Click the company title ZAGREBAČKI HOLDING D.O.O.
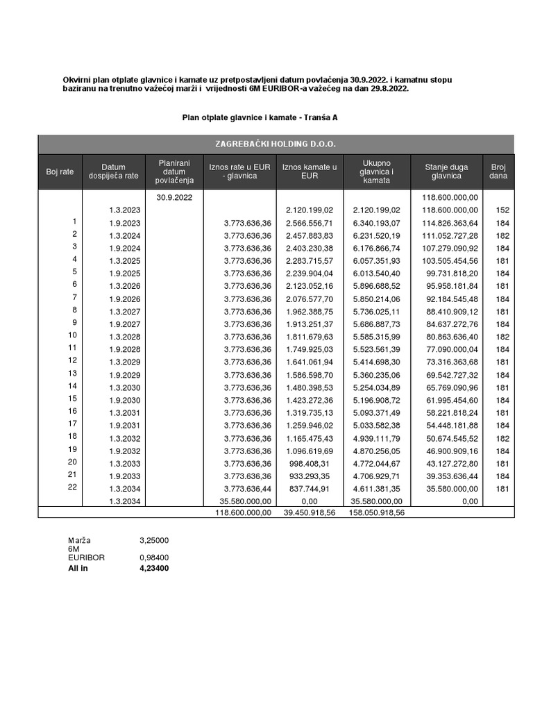pos(276,144)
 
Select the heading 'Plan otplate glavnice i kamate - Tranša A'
pos(260,118)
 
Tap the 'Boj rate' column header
pos(60,172)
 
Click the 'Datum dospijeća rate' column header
pos(113,172)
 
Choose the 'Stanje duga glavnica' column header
pos(446,172)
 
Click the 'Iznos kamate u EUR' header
pos(310,172)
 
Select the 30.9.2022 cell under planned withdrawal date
pos(174,198)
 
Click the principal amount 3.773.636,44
pos(243,488)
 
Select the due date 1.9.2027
pos(125,324)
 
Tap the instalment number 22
pos(73,487)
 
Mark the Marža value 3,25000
pos(155,539)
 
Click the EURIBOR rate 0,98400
pos(155,558)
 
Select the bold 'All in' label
pos(78,568)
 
